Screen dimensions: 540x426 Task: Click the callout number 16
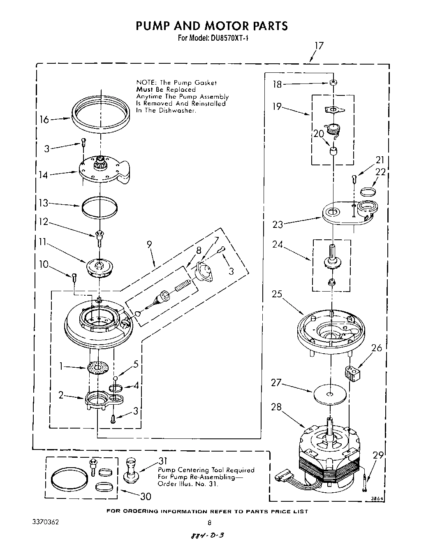click(x=44, y=120)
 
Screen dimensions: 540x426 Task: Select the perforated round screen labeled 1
click(x=99, y=367)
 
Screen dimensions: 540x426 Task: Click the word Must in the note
click(x=144, y=89)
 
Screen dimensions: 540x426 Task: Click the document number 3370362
click(x=45, y=522)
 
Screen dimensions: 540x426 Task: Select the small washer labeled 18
click(x=333, y=83)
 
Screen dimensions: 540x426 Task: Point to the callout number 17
click(x=319, y=46)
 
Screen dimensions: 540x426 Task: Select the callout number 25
click(x=277, y=294)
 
